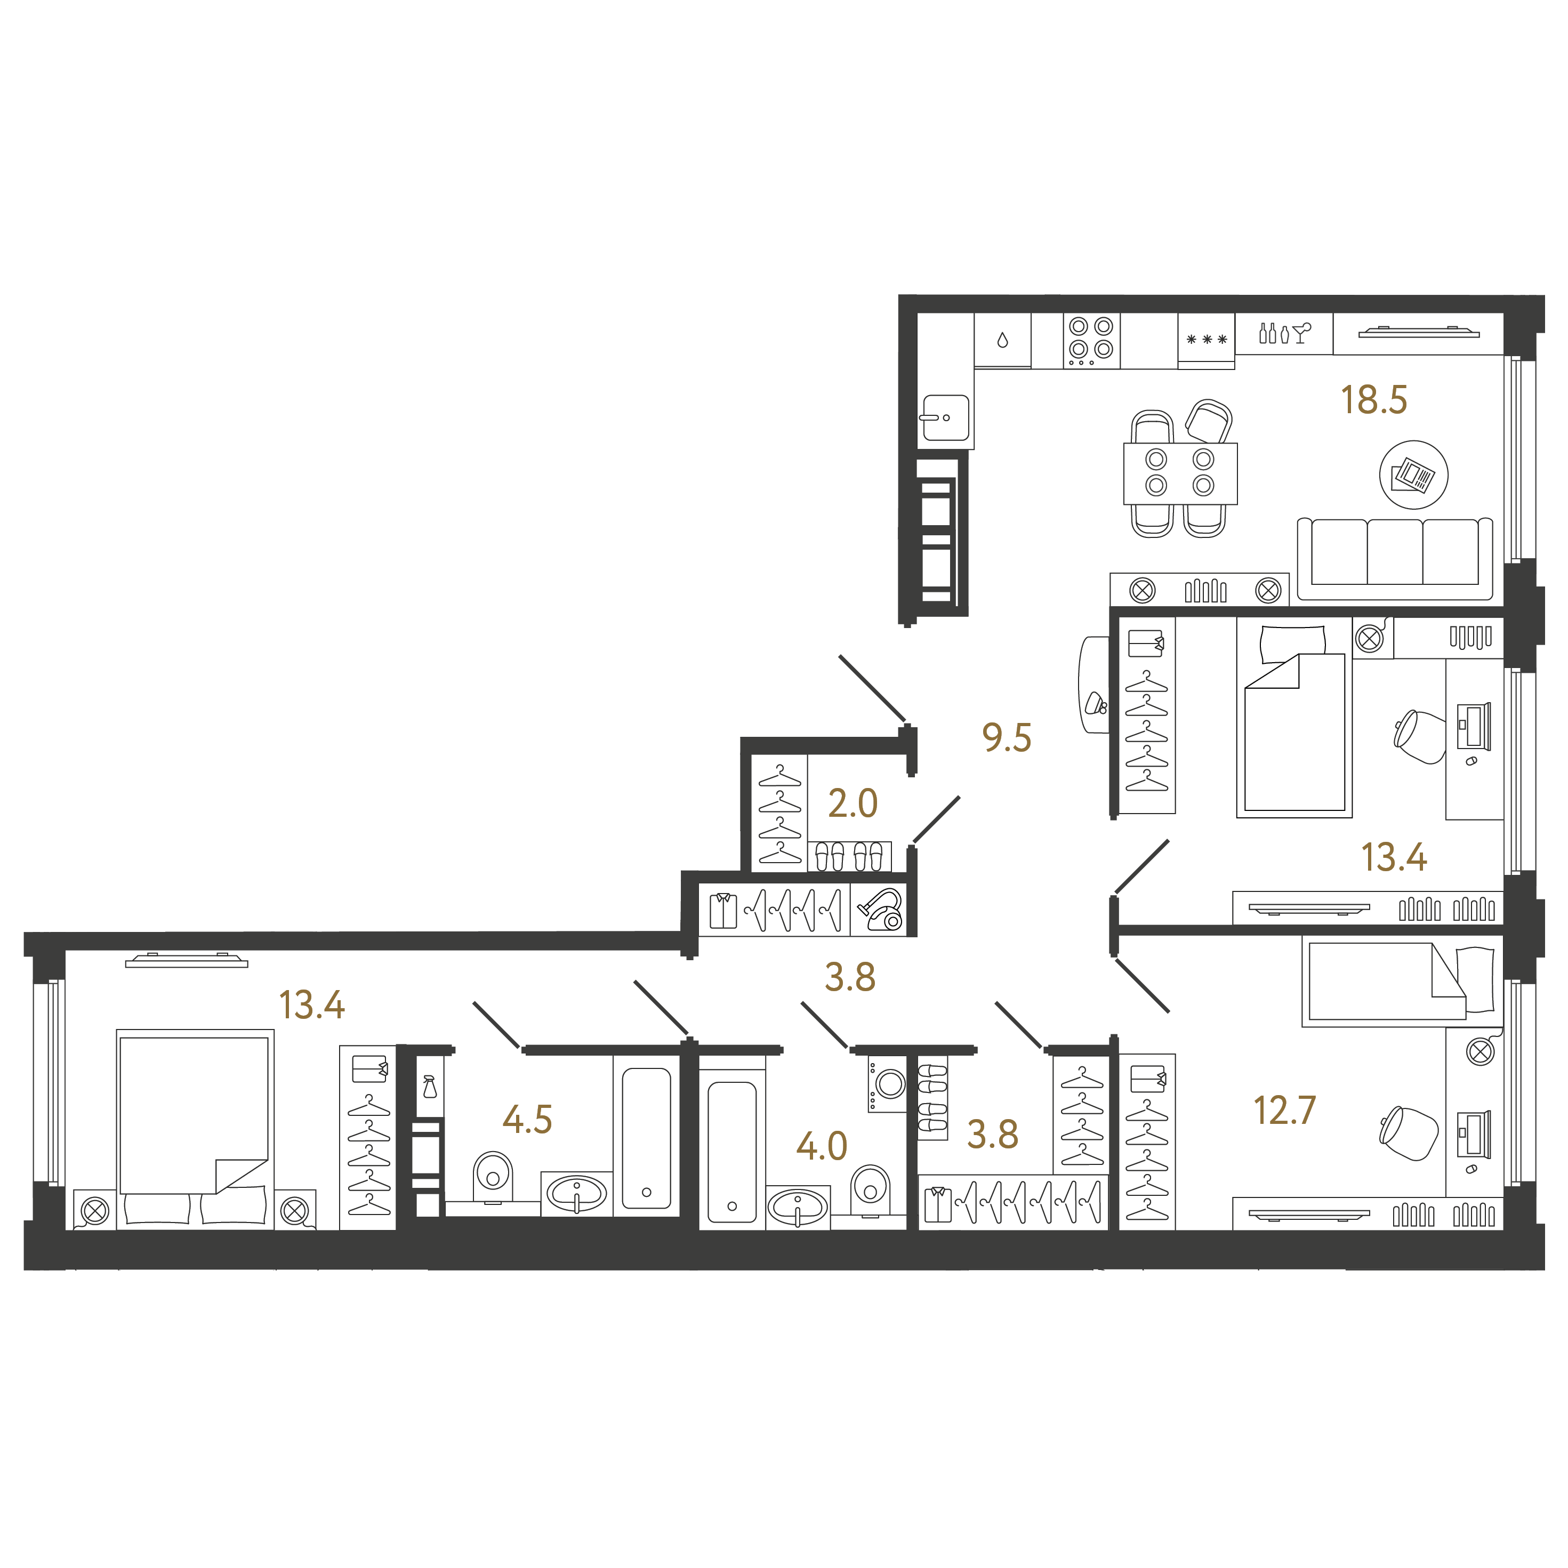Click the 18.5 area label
(1373, 399)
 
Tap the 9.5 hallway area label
(1007, 738)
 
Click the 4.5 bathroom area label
(527, 1120)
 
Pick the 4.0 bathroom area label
(822, 1146)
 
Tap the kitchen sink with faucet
(945, 418)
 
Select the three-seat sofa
(1394, 558)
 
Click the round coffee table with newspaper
(1414, 475)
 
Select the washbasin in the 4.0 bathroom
(798, 1208)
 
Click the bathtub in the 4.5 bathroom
(646, 1138)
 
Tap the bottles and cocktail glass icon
(1284, 332)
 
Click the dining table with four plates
(1180, 473)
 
